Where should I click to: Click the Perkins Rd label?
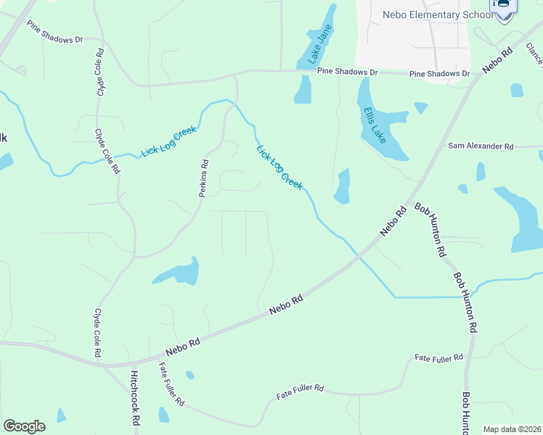pyautogui.click(x=204, y=178)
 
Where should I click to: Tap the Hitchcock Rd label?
pyautogui.click(x=134, y=398)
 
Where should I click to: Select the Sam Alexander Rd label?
pyautogui.click(x=480, y=146)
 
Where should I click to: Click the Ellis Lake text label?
pyautogui.click(x=375, y=125)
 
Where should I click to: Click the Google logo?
pyautogui.click(x=24, y=426)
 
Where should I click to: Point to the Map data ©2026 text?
pyautogui.click(x=512, y=429)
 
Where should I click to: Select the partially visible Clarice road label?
pyautogui.click(x=535, y=55)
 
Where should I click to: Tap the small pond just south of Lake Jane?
pyautogui.click(x=303, y=90)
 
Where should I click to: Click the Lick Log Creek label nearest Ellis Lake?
pyautogui.click(x=279, y=167)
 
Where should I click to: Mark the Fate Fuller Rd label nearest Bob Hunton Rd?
pyautogui.click(x=438, y=358)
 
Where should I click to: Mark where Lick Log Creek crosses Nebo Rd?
pyautogui.click(x=356, y=256)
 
